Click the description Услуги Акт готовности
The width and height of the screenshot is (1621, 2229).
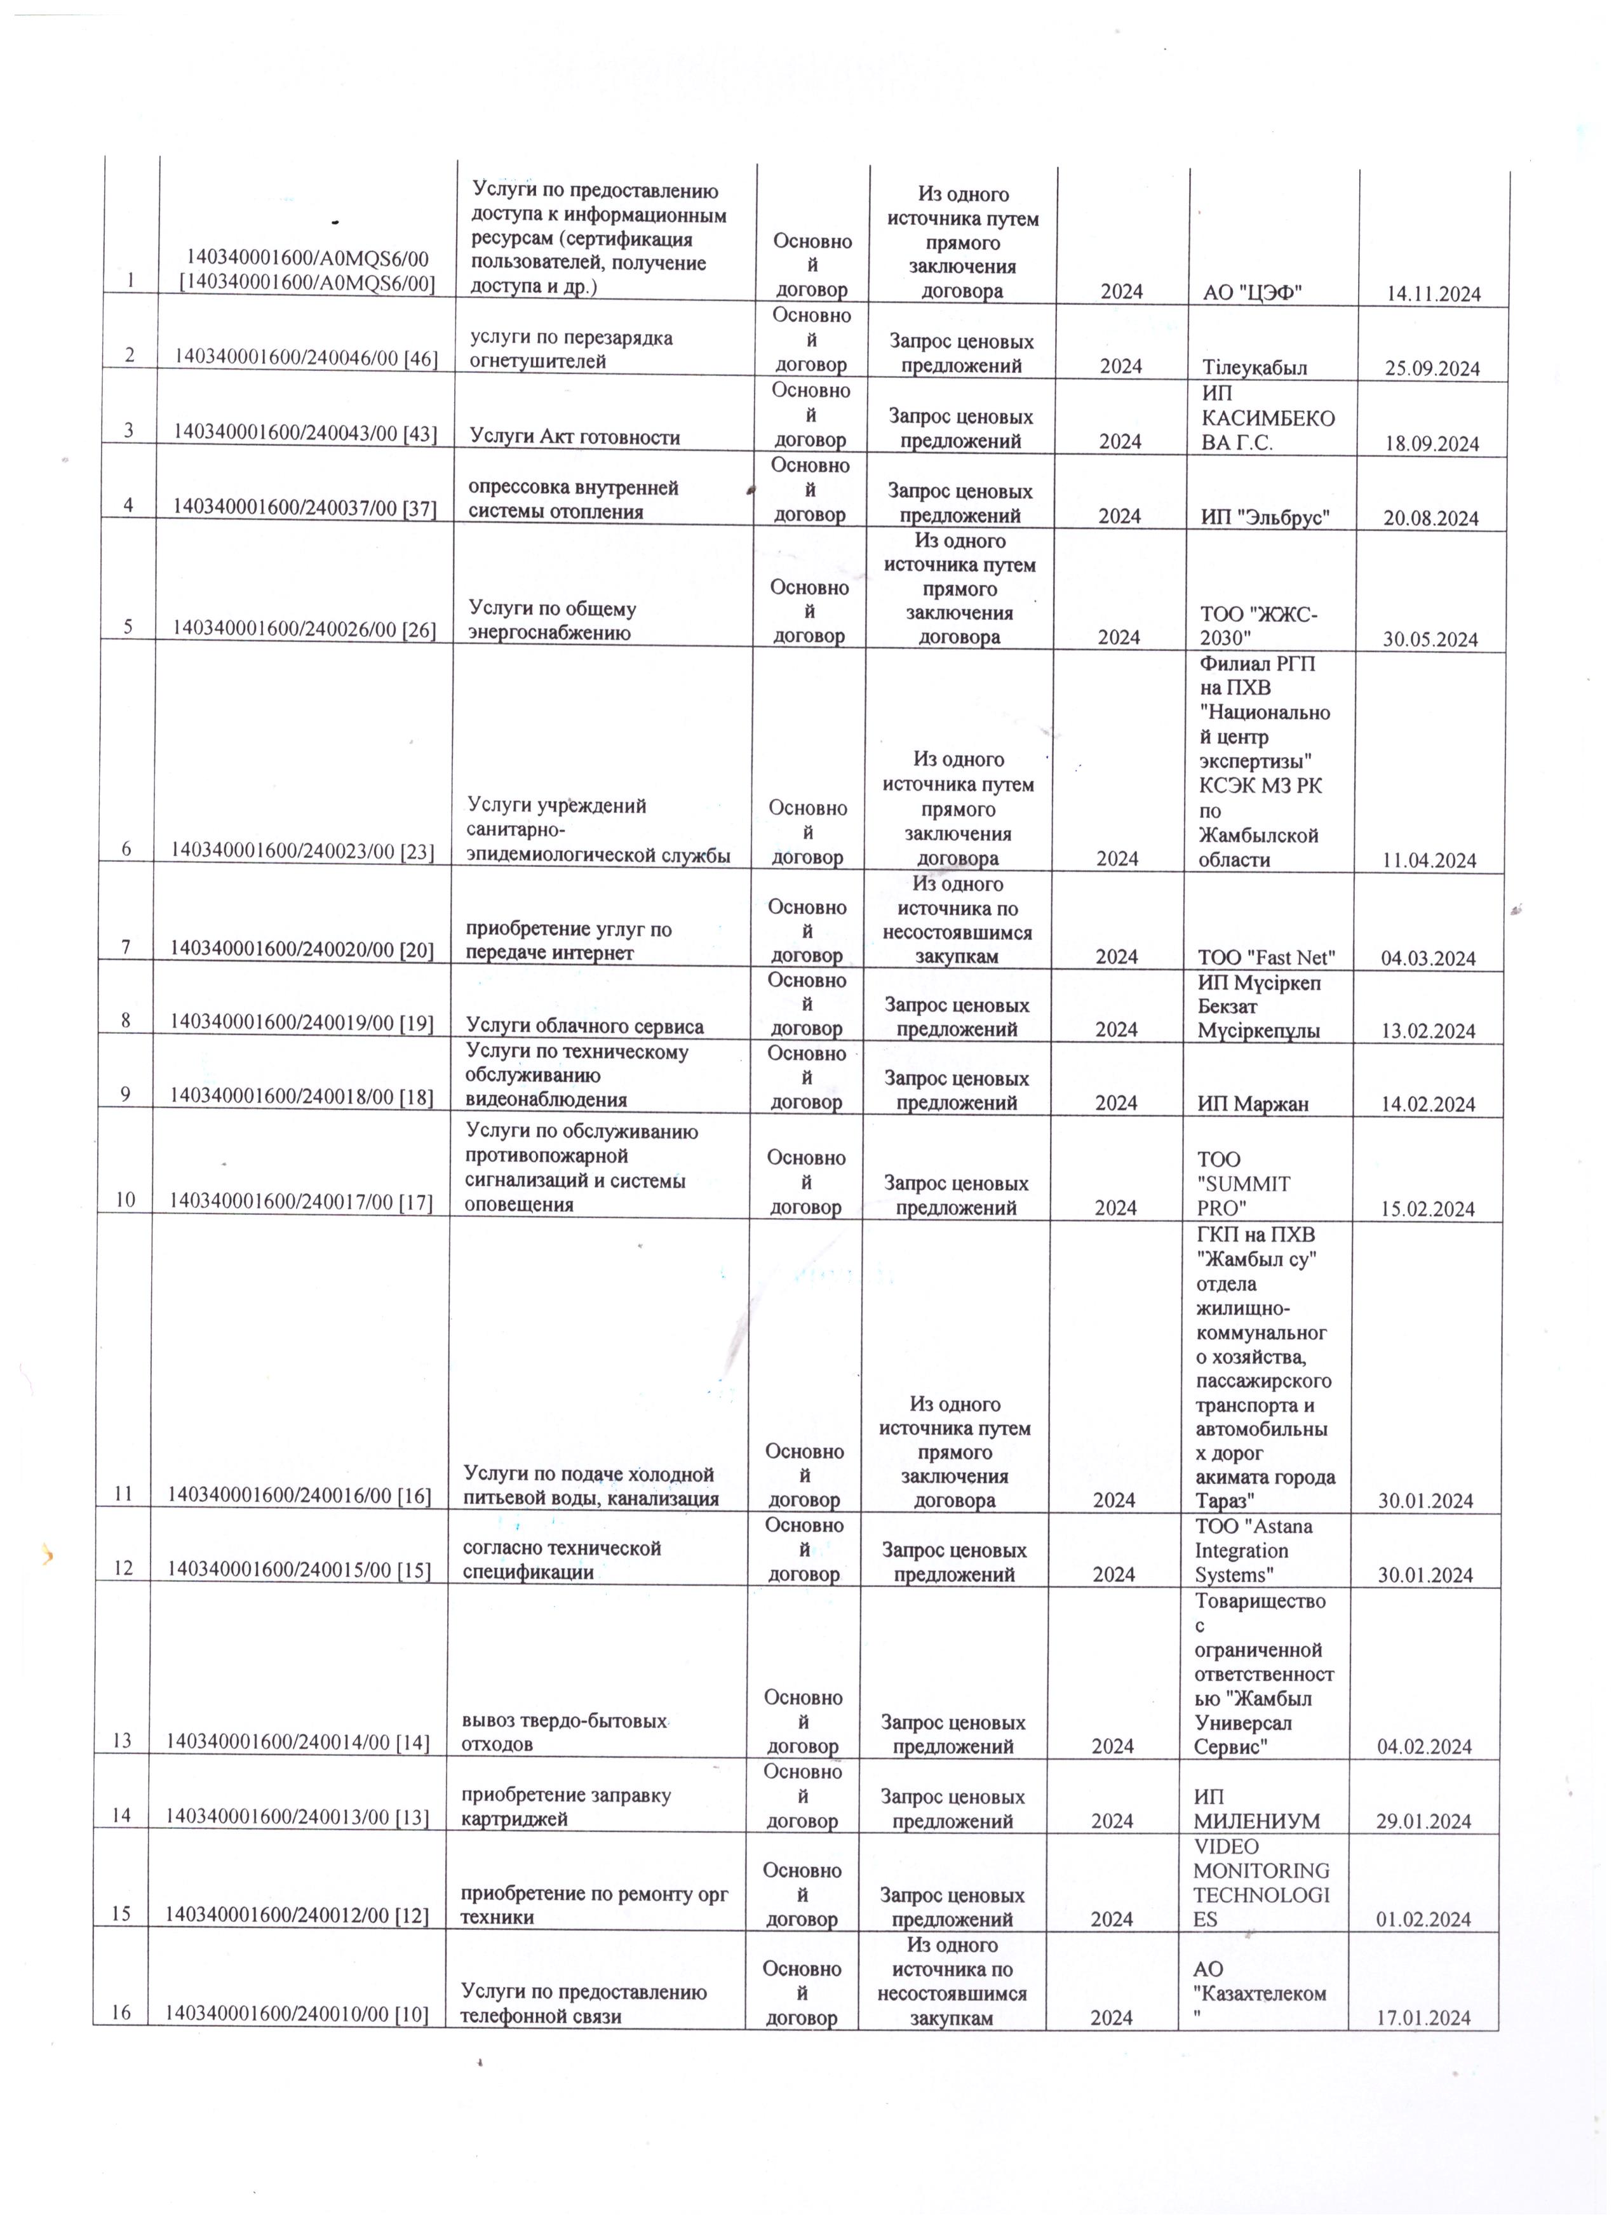(x=574, y=438)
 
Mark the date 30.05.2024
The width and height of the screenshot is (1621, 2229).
(x=1430, y=640)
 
